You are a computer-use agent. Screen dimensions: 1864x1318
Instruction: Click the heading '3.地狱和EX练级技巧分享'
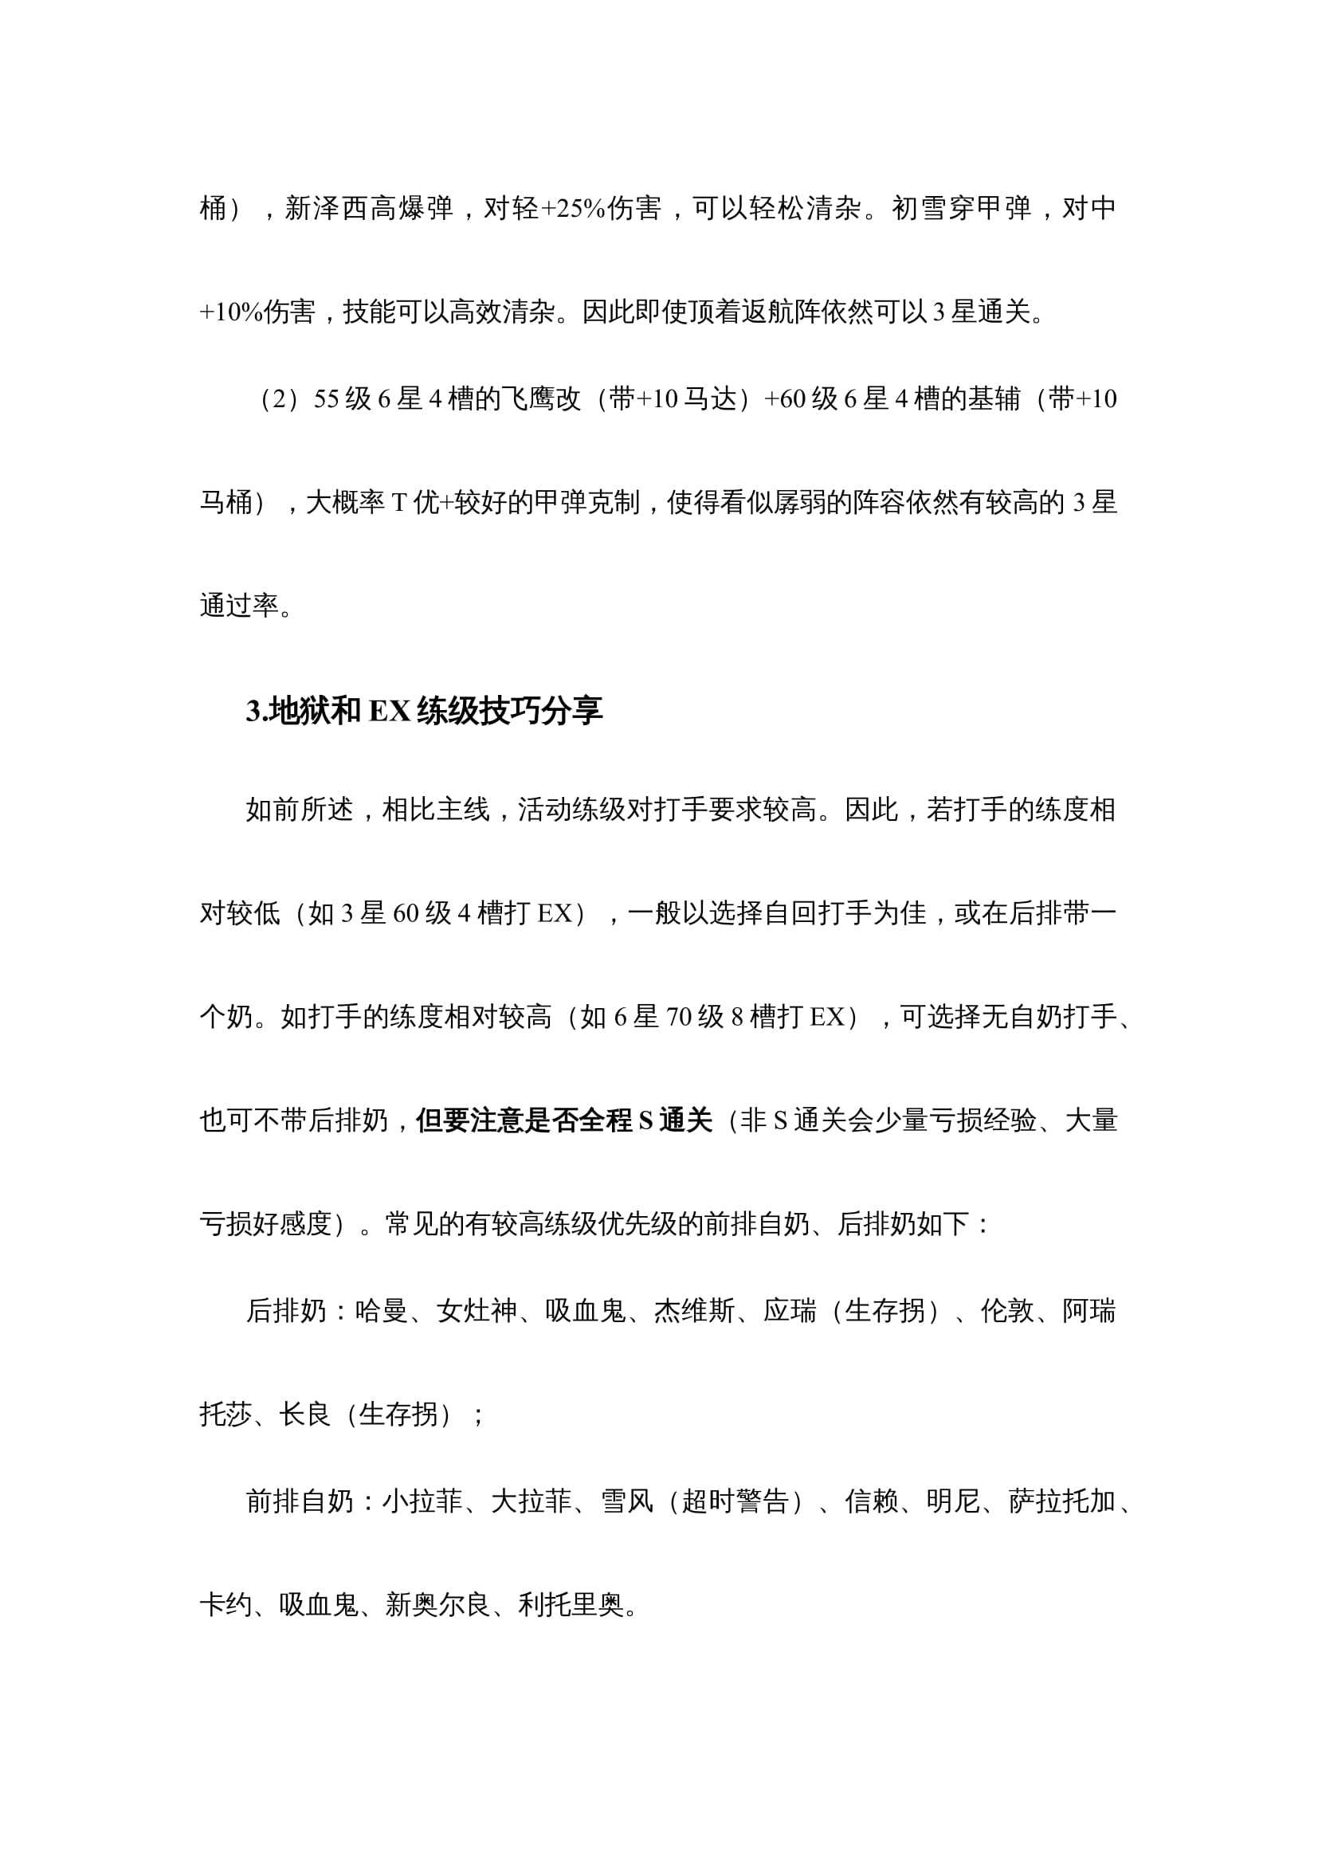[425, 711]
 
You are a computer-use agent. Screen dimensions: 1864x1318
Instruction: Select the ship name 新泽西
[328, 209]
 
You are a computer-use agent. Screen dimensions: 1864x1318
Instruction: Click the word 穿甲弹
[990, 209]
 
